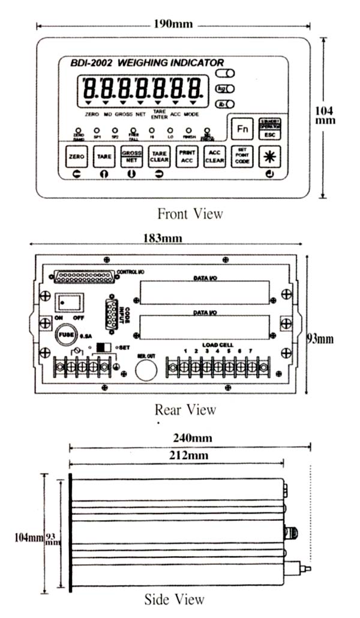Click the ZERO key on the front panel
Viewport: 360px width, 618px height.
click(76, 157)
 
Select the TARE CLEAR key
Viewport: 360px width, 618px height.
click(158, 157)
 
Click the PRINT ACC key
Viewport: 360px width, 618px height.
click(186, 157)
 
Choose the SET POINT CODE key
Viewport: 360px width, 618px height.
click(242, 157)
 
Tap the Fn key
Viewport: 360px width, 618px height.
click(242, 128)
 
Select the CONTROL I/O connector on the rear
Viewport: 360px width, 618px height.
click(86, 276)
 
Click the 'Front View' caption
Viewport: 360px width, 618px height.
click(190, 213)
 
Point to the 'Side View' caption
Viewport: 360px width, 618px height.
click(175, 599)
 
